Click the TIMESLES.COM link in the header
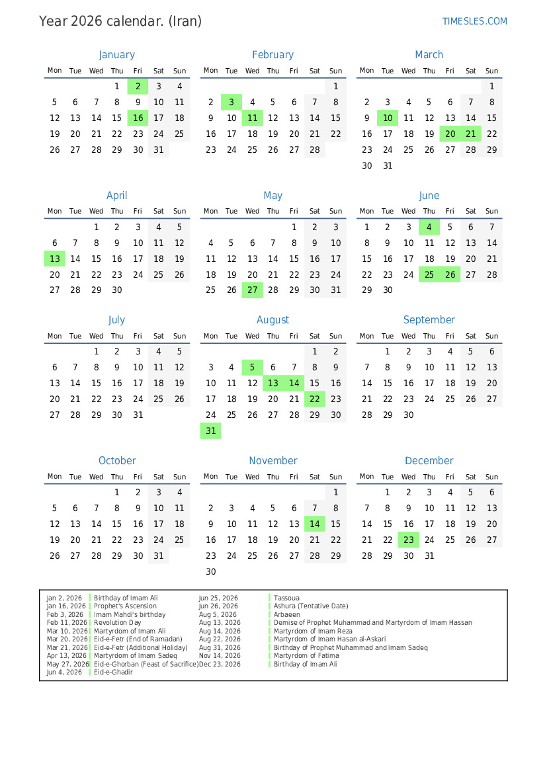[474, 21]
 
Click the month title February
[273, 55]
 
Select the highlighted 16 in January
[138, 118]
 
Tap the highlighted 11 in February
[252, 118]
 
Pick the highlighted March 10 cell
[388, 118]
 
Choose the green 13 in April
[55, 259]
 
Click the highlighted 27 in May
[252, 290]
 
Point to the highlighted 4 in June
[429, 227]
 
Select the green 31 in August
[210, 430]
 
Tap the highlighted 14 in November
[315, 524]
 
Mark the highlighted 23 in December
[409, 540]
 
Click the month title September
[429, 320]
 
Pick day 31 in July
[138, 415]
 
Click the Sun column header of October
[179, 476]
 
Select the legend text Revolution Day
[117, 622]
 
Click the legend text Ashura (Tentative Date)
[311, 606]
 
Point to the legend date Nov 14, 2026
[219, 655]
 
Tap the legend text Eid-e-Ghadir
[113, 672]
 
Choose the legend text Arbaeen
[287, 614]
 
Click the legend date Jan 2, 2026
[64, 598]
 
